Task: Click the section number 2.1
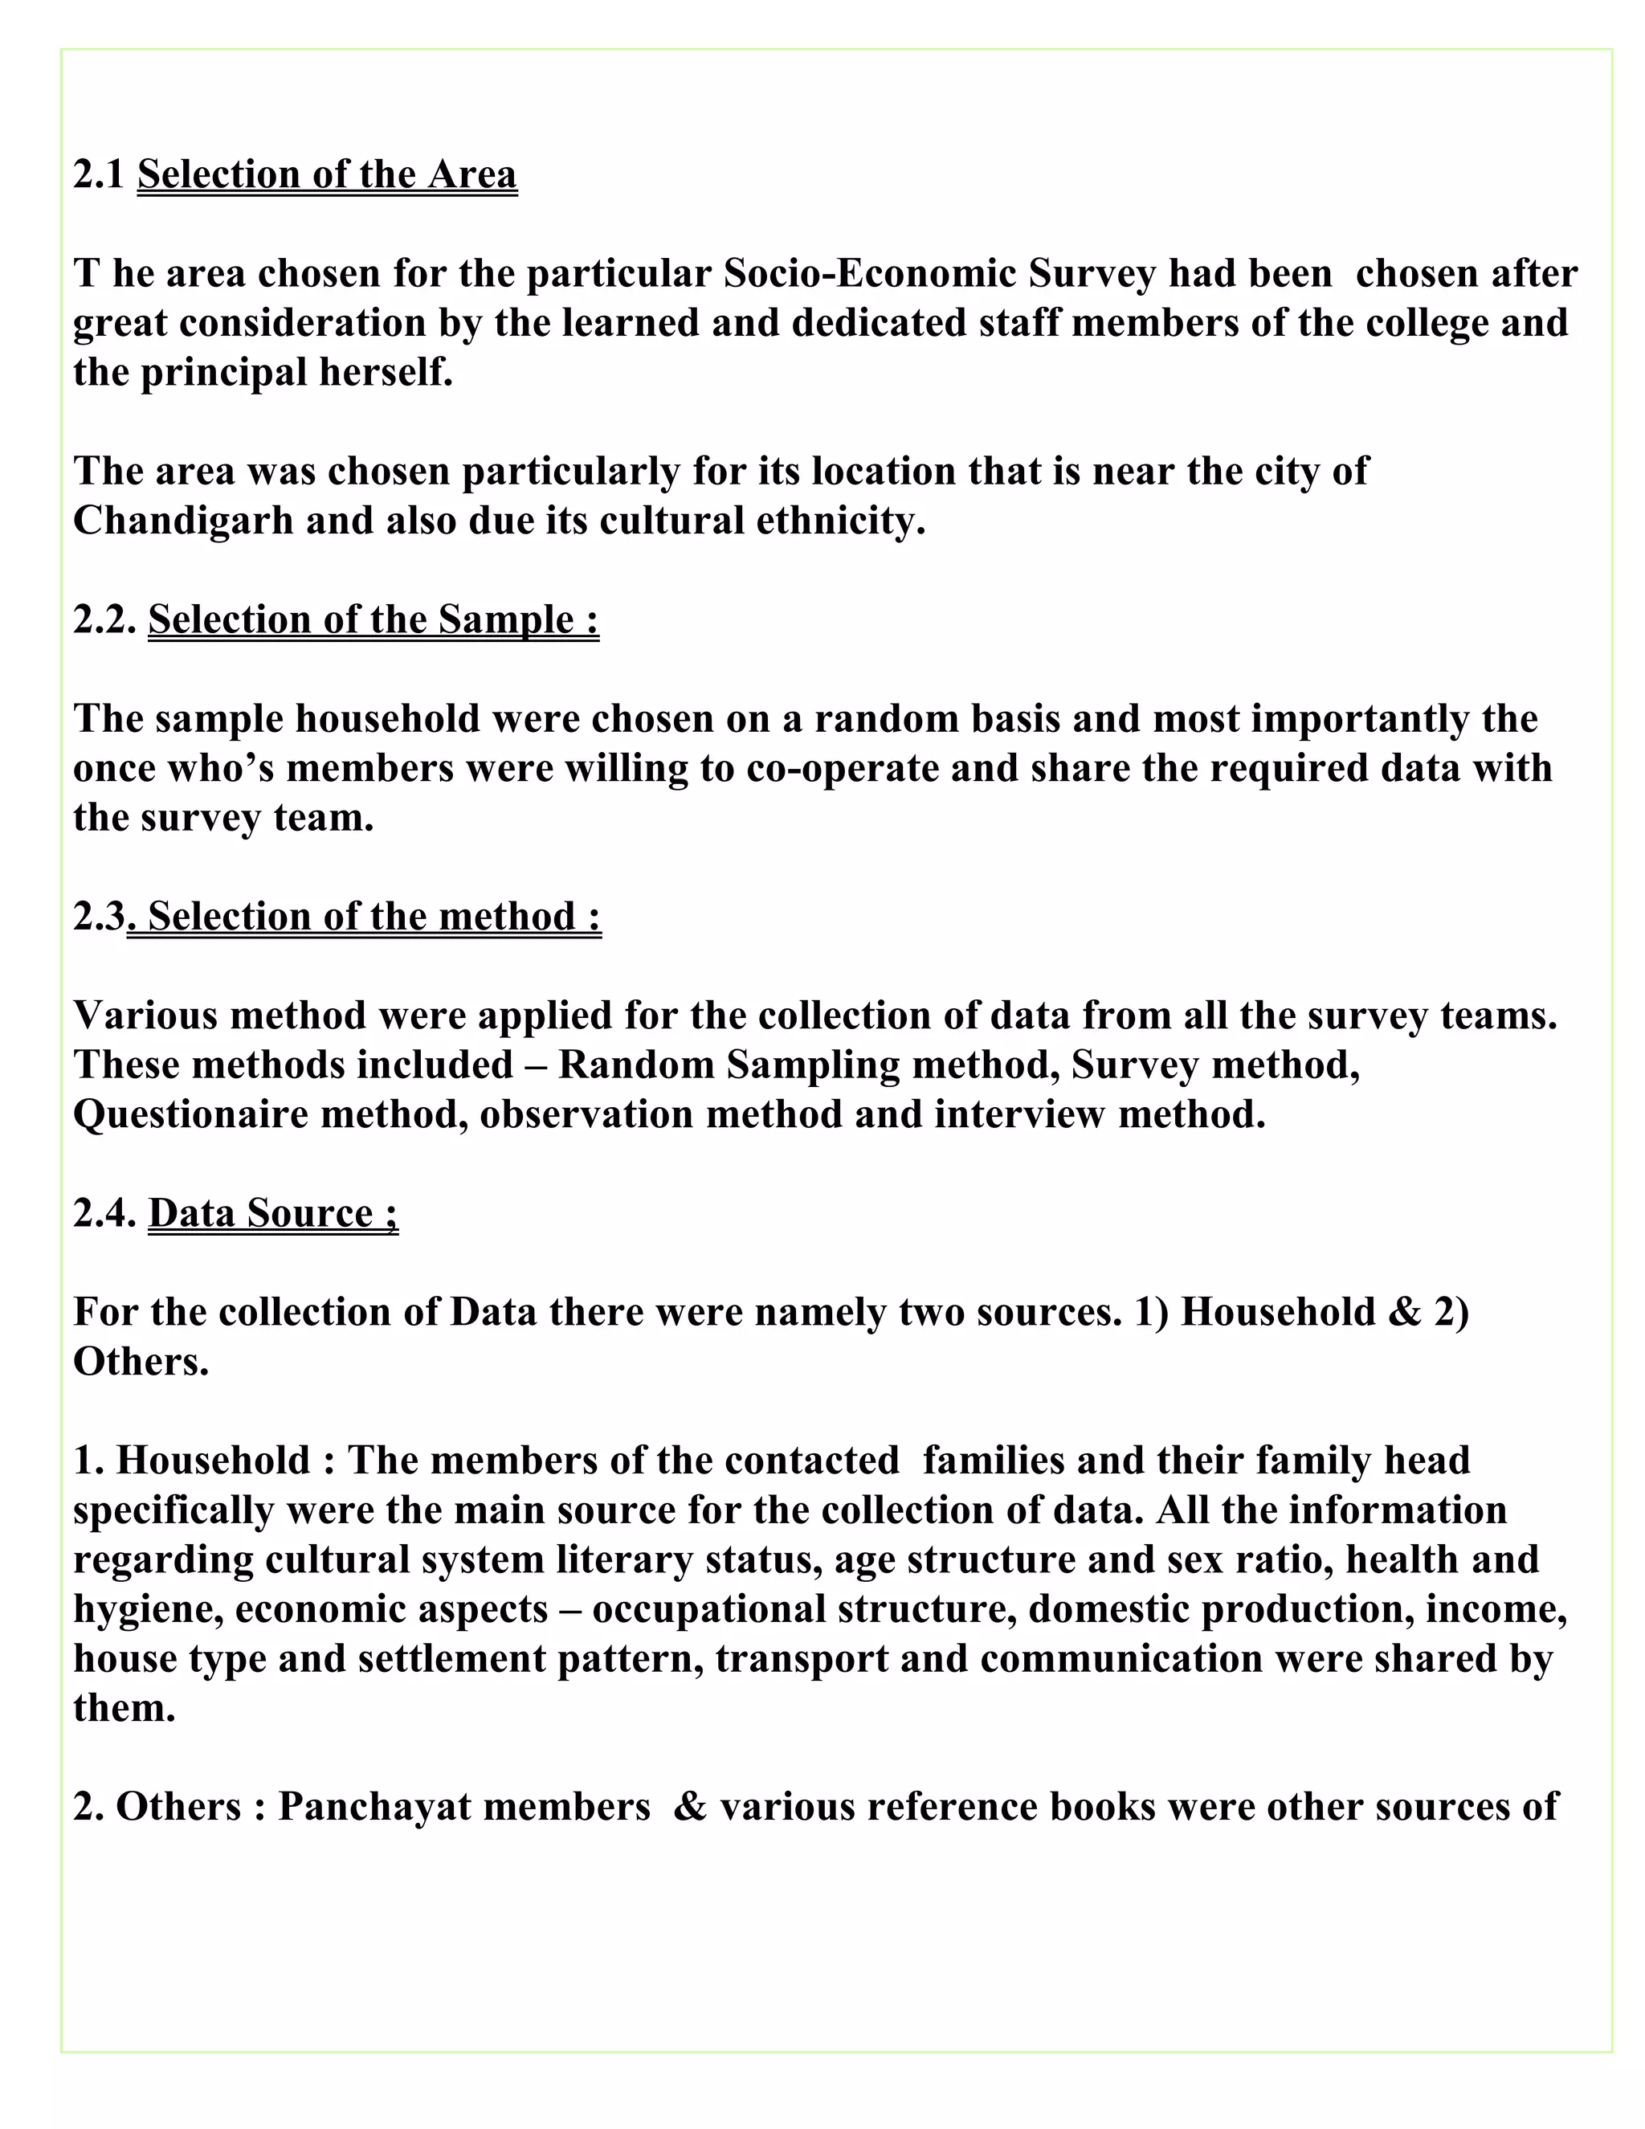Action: pyautogui.click(x=99, y=175)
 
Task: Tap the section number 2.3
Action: pyautogui.click(x=100, y=917)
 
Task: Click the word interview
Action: pyautogui.click(x=1019, y=1115)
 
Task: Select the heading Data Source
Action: pyautogui.click(x=273, y=1214)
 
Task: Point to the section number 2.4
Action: pyautogui.click(x=104, y=1214)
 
